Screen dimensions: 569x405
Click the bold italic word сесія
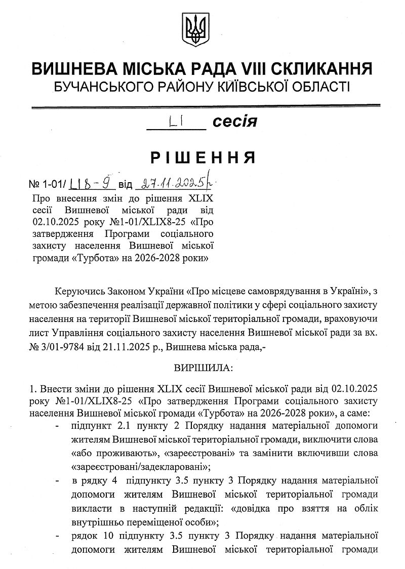234,121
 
